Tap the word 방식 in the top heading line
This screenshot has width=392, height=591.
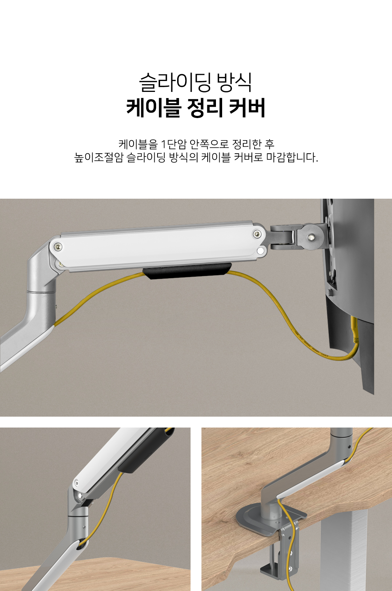point(234,82)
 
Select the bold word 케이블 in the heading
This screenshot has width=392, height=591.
point(154,108)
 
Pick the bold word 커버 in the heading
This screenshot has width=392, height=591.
point(247,108)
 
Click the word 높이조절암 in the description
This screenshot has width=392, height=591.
point(99,158)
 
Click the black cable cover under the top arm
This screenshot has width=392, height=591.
point(187,270)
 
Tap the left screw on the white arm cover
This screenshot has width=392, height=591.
point(58,247)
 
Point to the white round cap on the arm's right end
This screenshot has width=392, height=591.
point(261,251)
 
